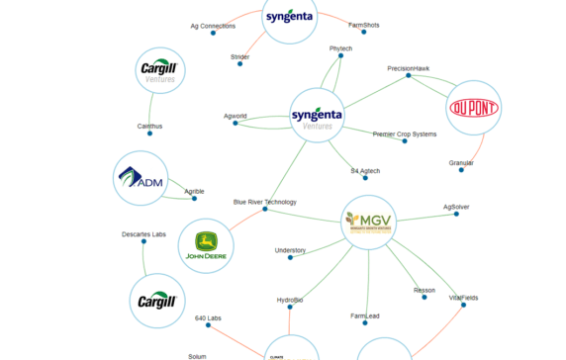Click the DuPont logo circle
474,108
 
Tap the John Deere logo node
207,246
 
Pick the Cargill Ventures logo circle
159,71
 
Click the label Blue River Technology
264,202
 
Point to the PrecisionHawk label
408,68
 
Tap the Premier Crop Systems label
404,134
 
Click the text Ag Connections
213,26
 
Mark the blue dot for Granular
461,170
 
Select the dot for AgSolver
455,215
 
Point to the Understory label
290,250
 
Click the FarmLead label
364,316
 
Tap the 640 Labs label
208,317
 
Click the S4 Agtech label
365,171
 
